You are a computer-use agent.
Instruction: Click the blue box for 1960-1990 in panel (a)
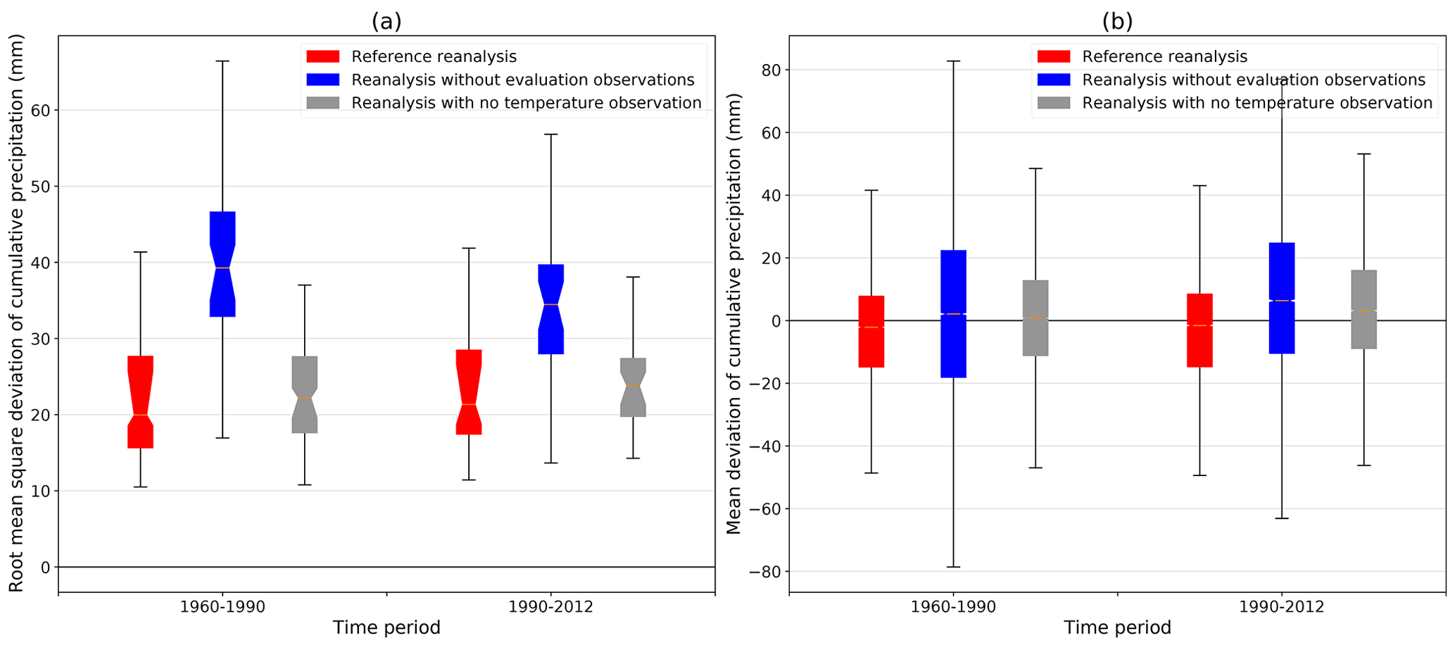coord(222,264)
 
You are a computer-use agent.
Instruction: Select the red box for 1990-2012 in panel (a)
coord(469,392)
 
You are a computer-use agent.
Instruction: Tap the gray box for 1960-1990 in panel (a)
coord(305,394)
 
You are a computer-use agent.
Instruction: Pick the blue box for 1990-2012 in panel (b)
coord(1282,298)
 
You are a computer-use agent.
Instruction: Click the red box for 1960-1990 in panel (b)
coord(871,332)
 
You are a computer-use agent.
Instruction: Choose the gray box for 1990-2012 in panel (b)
coord(1364,309)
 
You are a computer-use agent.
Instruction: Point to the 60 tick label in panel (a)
coord(41,111)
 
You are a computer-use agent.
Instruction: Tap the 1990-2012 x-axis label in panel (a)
coord(550,607)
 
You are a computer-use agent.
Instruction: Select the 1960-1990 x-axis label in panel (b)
coord(953,607)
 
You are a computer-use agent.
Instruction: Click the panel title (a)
coord(386,22)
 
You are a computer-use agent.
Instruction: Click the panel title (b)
coord(1117,22)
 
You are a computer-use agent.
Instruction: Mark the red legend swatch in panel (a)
coord(323,56)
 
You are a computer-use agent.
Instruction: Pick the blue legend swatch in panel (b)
coord(1054,80)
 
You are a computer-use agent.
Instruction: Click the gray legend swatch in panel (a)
coord(323,103)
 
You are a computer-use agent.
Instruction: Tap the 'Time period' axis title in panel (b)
coord(1117,627)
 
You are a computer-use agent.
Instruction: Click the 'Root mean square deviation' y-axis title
coord(16,313)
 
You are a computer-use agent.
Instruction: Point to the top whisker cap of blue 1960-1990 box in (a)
coord(222,61)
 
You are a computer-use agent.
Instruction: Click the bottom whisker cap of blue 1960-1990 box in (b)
coord(953,567)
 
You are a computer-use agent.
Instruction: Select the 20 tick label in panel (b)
coord(769,258)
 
